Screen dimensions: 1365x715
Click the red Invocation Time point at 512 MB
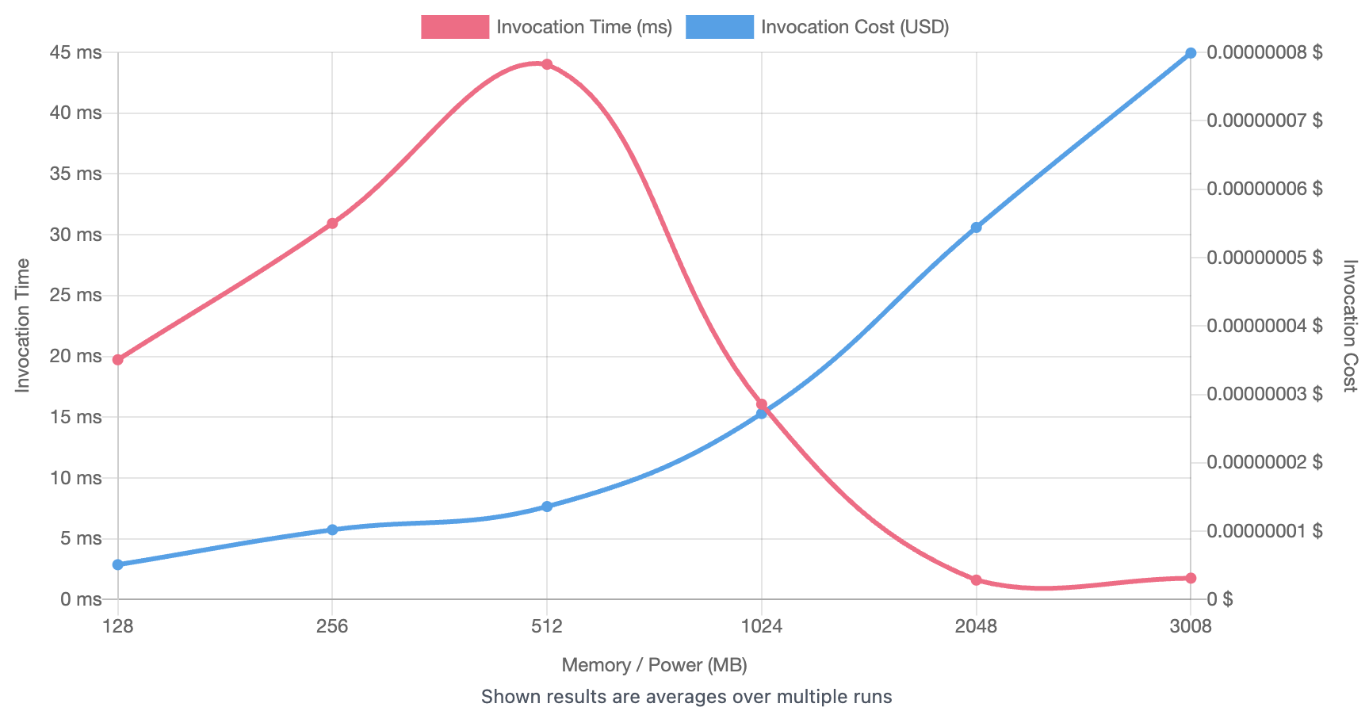547,64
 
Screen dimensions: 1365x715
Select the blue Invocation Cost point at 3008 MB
1191,53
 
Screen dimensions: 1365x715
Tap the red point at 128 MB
118,360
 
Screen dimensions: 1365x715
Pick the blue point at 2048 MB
977,227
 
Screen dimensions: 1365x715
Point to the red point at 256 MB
333,224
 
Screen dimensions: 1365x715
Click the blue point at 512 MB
547,507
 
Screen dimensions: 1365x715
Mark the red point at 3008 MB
1191,579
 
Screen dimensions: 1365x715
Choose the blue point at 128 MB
118,565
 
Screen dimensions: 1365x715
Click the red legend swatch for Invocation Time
455,27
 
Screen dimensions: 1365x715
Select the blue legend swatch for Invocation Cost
720,27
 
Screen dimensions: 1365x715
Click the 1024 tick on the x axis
762,626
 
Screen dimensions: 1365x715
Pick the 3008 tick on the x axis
1191,626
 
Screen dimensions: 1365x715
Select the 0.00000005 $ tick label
1264,257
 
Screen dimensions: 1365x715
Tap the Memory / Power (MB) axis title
654,665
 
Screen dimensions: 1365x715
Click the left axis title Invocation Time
22,326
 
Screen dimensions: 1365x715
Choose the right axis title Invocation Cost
1350,326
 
